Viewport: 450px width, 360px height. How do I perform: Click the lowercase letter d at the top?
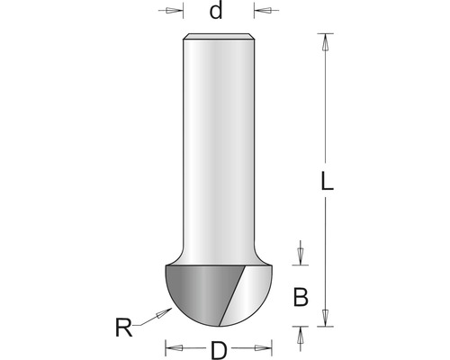[216, 11]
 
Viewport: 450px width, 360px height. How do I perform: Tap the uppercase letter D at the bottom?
[219, 350]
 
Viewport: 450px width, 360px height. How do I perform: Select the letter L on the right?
[327, 181]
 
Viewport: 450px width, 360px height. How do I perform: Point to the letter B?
[301, 297]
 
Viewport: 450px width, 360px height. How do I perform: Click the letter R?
[123, 328]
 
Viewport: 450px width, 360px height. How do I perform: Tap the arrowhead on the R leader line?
[164, 312]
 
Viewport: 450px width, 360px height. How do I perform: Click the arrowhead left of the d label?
[174, 11]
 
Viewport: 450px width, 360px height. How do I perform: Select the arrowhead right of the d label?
[262, 11]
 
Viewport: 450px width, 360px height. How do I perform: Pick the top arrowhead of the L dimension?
[325, 41]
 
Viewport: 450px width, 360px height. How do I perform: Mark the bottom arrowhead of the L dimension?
[325, 318]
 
